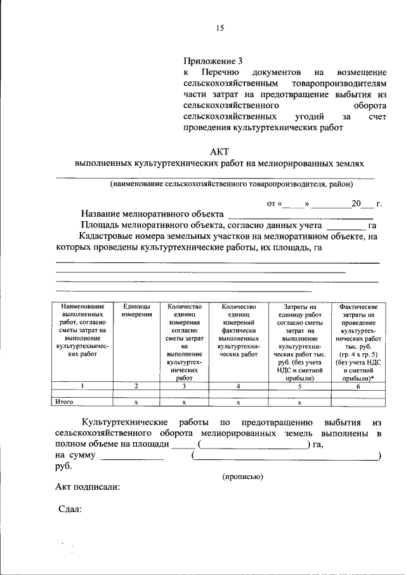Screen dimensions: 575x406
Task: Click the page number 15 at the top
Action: coord(220,27)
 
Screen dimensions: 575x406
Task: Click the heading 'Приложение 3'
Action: coord(213,62)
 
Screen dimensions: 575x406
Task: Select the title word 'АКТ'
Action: coord(219,151)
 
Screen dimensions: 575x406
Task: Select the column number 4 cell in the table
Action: coord(238,386)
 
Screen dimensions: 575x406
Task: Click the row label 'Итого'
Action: coord(65,402)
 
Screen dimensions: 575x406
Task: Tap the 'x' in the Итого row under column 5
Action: coord(299,402)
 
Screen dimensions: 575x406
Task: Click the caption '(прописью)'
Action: coord(242,476)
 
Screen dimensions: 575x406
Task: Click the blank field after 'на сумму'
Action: coord(132,456)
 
